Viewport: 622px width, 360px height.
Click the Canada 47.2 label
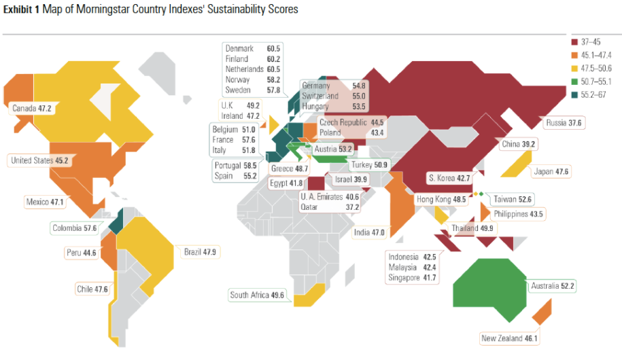[x=32, y=108]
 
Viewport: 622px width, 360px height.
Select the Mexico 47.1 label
[x=46, y=202]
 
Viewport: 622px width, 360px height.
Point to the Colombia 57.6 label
[x=74, y=228]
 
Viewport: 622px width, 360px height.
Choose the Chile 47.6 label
[x=92, y=289]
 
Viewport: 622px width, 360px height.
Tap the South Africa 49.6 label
[x=257, y=295]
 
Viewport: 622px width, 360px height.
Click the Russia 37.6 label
[x=564, y=123]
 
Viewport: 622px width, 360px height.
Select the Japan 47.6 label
[x=552, y=172]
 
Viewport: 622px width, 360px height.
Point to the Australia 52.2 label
[x=553, y=286]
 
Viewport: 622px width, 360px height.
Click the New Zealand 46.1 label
[x=510, y=338]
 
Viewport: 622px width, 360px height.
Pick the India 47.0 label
[x=369, y=232]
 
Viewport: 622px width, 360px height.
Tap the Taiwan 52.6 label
[x=513, y=199]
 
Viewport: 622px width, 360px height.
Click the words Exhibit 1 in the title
[x=21, y=10]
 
